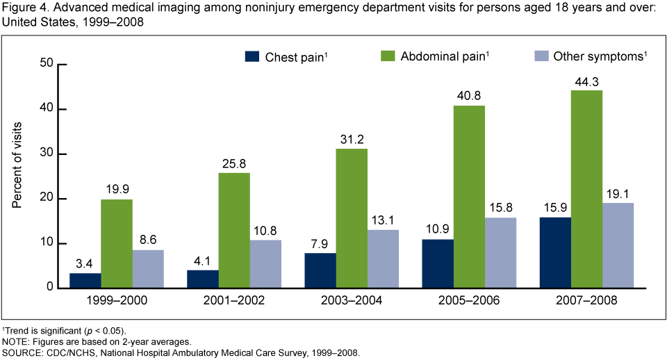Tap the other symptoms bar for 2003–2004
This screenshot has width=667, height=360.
click(383, 259)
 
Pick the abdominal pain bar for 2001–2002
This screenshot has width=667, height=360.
click(234, 230)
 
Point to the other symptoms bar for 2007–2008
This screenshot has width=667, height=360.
click(618, 245)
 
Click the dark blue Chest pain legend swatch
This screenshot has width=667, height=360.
click(251, 56)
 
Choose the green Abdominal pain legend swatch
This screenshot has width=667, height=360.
click(387, 56)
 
